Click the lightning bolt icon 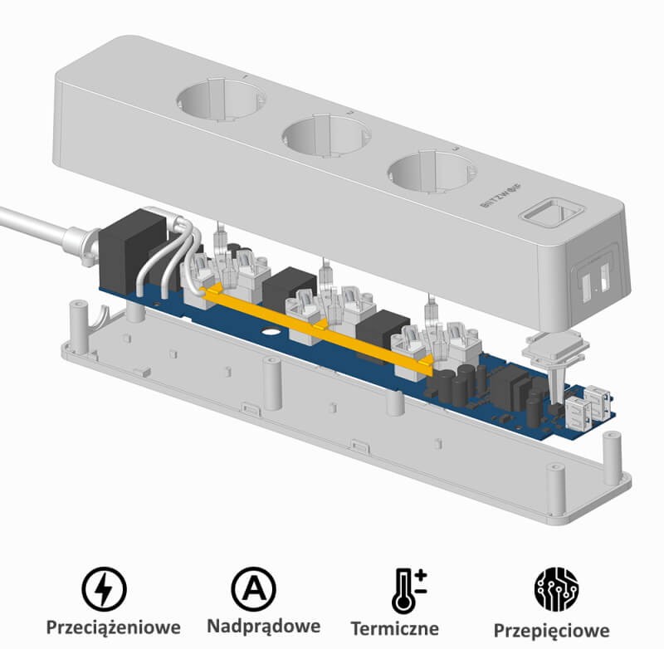tap(104, 589)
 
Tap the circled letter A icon tap(253, 589)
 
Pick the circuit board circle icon tap(556, 590)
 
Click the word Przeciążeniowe tap(113, 627)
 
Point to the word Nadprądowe tap(263, 626)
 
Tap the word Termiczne tap(395, 628)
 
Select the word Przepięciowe tap(551, 631)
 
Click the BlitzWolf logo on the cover tap(501, 195)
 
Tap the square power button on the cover tap(552, 212)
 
